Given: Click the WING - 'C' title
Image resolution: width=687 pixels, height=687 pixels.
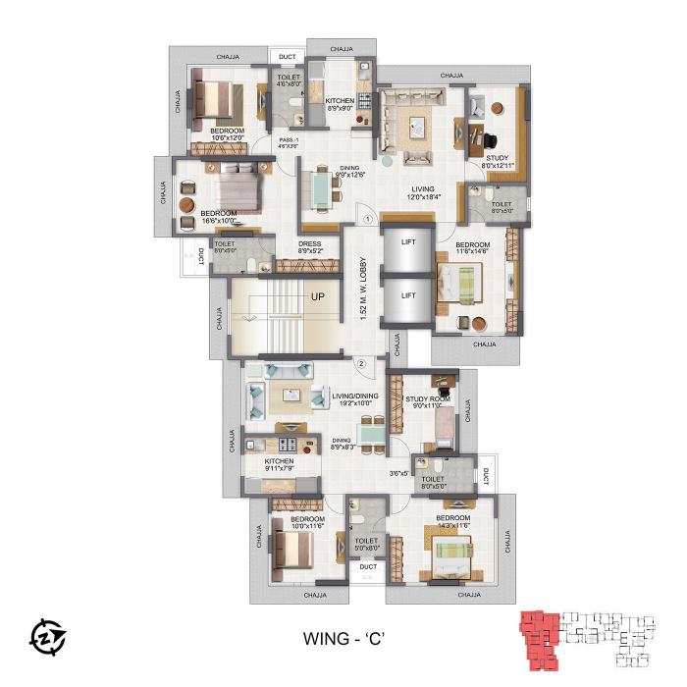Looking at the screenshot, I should (x=343, y=638).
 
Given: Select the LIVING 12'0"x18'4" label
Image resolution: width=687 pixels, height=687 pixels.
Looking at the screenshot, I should (x=423, y=193).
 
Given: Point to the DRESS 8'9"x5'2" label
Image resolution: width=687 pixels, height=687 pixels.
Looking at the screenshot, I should (x=310, y=249).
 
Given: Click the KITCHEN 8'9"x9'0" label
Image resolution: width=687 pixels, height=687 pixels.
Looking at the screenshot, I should (x=340, y=105).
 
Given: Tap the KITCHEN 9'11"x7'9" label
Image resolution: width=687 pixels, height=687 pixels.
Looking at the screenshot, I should (x=279, y=464).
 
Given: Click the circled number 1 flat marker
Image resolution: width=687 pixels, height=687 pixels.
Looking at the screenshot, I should (x=366, y=220).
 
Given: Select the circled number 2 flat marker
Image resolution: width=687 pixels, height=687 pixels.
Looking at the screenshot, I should (x=361, y=364).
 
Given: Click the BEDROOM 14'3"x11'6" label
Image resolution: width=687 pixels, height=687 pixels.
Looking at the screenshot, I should (x=453, y=522).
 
